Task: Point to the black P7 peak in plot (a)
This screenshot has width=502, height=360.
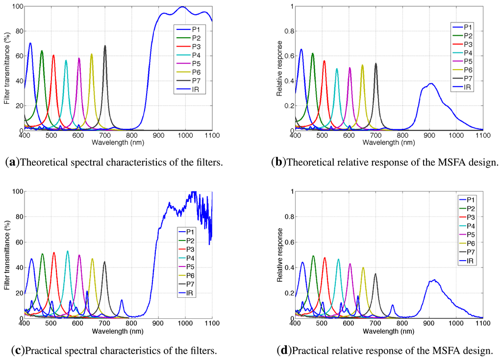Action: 105,46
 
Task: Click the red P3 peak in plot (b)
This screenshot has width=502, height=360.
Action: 324,61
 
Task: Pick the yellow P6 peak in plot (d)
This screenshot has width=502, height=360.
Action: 363,267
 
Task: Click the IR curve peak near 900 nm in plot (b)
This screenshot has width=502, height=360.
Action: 430,84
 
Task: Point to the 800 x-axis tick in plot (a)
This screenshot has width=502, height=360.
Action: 131,136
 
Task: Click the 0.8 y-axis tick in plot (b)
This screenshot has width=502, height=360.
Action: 288,31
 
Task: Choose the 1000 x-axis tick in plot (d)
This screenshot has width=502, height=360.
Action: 456,324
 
